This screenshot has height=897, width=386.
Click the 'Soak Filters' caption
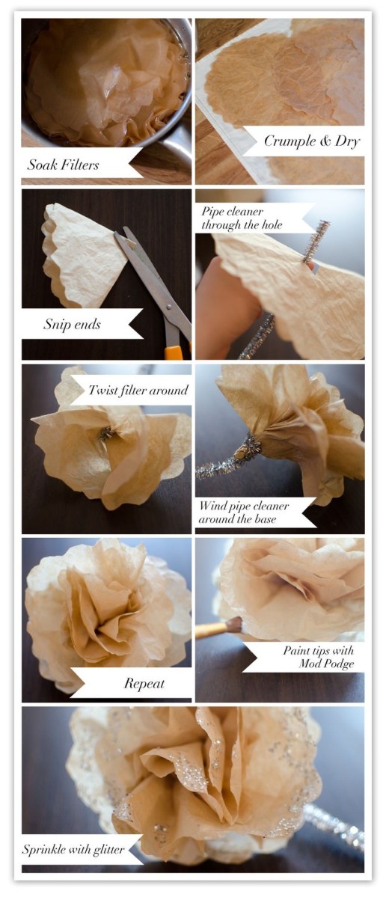point(63,165)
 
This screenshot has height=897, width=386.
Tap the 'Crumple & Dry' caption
point(311,141)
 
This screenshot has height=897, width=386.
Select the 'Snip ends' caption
point(72,325)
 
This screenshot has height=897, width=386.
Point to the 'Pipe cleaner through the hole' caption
point(242,218)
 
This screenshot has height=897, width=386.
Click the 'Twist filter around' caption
point(138,391)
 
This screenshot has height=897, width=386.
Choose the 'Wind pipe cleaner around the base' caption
point(244,512)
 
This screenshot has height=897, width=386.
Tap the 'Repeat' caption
point(144,683)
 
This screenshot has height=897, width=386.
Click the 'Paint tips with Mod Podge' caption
point(319,657)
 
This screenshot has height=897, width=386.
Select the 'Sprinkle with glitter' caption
point(73,849)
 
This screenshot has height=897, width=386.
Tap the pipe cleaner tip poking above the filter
point(315,241)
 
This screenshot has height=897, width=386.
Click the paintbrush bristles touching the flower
point(234,624)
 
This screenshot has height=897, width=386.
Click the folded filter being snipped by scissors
point(86,255)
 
